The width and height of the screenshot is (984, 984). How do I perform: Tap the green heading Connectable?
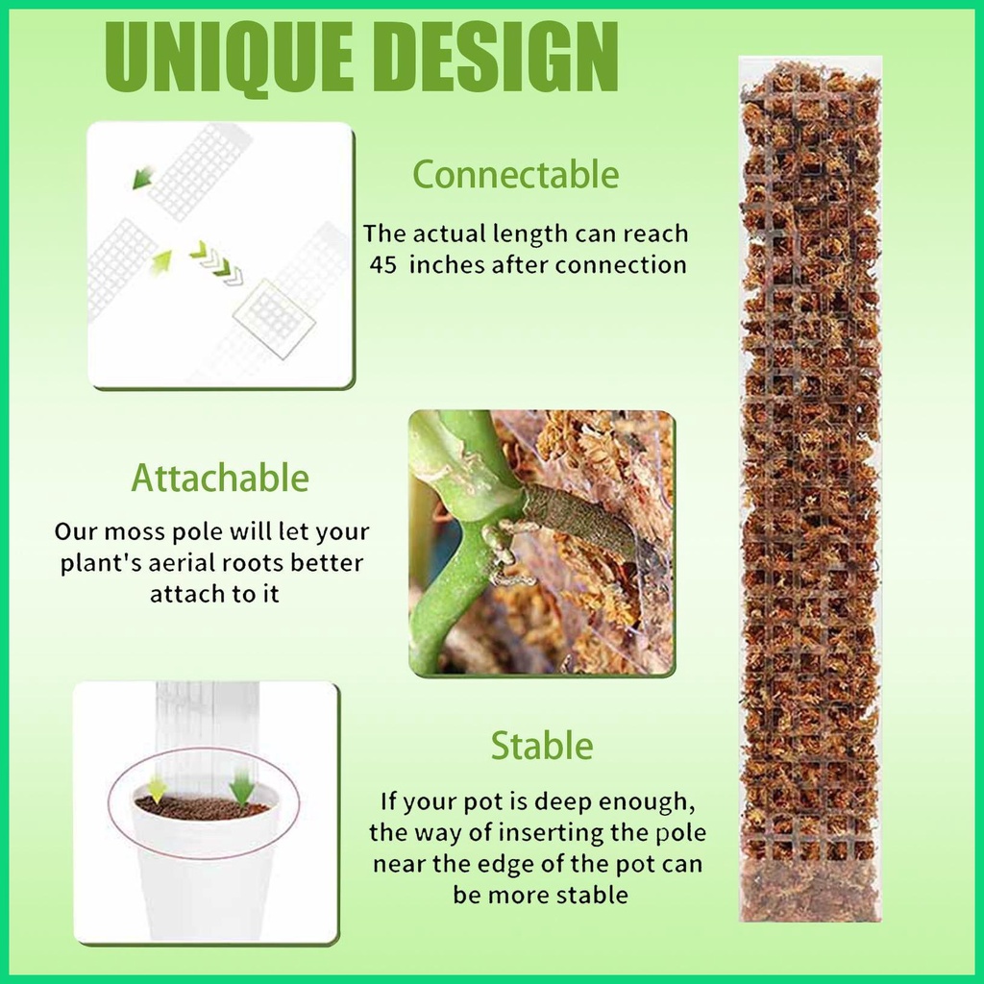pos(516,175)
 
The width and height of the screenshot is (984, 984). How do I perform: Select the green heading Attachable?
pos(220,478)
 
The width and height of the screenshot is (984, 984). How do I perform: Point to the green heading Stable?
pos(542,746)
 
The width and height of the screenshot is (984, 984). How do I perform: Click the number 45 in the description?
pos(383,265)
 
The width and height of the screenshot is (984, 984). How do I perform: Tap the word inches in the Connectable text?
pos(447,265)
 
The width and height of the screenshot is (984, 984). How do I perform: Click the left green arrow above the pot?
pos(157,789)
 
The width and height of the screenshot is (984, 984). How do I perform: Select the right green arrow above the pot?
pos(241,789)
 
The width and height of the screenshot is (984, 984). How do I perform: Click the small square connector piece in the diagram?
pos(275,317)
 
